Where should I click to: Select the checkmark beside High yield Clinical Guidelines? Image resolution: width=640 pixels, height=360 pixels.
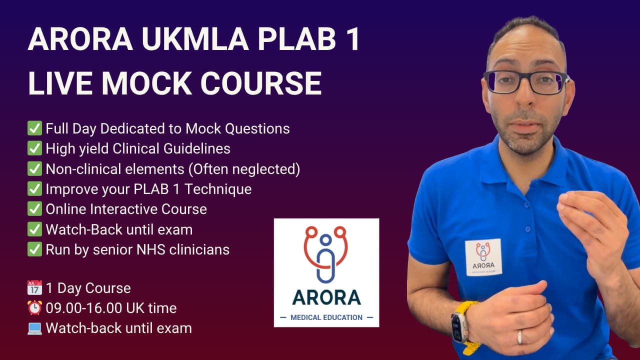[34, 148]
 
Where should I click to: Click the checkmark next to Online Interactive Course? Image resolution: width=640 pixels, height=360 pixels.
[34, 209]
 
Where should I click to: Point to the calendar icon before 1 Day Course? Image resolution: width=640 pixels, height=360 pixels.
[34, 288]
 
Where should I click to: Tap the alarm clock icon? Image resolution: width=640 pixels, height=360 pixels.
[34, 308]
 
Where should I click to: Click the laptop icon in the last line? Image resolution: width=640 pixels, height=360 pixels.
[34, 328]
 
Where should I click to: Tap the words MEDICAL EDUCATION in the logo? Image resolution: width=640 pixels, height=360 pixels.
[326, 317]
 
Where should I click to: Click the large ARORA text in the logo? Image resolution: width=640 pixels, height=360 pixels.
[326, 297]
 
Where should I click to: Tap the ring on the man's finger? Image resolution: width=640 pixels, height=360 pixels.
[520, 337]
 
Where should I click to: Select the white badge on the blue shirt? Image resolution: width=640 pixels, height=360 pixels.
[483, 257]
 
